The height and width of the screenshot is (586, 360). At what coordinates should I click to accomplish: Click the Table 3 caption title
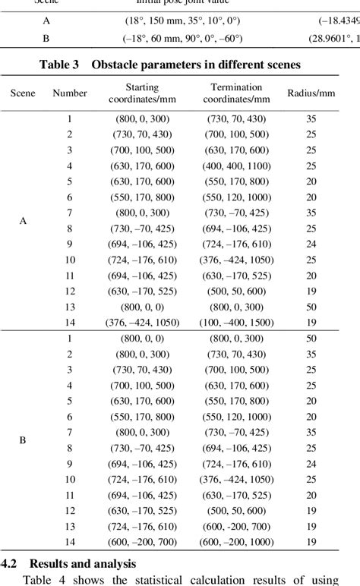(x=180, y=65)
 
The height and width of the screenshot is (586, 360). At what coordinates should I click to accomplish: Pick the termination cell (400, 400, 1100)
(x=238, y=165)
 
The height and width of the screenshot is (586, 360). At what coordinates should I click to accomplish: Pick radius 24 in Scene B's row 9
(x=311, y=464)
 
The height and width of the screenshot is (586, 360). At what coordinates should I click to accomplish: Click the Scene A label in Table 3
(x=23, y=221)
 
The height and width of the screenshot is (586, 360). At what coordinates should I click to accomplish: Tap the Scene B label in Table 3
(x=23, y=440)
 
